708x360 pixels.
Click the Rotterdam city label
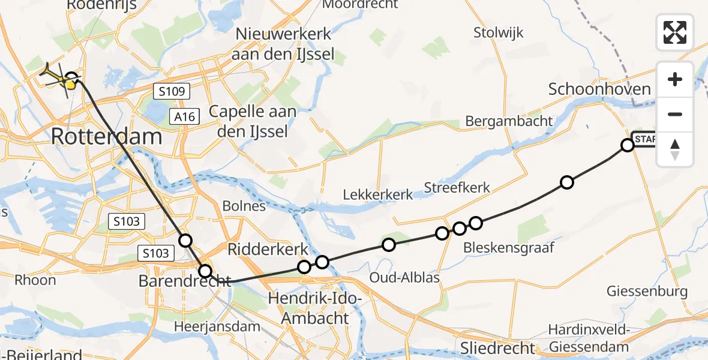107,136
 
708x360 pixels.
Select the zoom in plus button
675,79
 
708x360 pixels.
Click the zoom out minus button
675,114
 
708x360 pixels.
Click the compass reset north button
675,149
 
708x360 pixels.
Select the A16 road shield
185,116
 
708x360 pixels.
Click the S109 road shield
171,92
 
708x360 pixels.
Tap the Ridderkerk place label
268,249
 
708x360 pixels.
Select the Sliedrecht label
499,347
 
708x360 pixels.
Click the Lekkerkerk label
378,194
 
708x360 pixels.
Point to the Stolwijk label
498,32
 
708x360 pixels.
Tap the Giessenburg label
655,292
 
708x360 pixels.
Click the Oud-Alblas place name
404,277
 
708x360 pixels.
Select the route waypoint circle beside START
628,145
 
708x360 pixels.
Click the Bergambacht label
509,121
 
